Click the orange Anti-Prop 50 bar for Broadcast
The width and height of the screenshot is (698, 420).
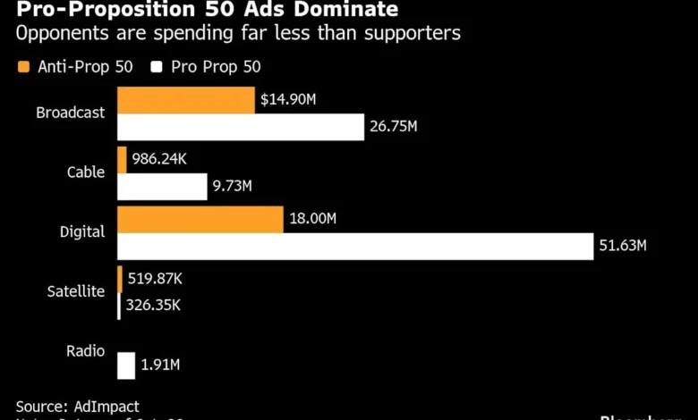[x=185, y=100]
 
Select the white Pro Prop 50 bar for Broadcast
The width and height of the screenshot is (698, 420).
[x=240, y=128]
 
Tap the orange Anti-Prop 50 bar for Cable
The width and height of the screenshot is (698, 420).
[x=122, y=159]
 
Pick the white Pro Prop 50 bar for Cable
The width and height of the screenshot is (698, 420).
[x=162, y=187]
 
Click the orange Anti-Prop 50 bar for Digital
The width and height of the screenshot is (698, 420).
[x=200, y=219]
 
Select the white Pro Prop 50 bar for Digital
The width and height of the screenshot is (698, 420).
[x=355, y=246]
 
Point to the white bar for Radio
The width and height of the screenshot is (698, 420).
[x=126, y=365]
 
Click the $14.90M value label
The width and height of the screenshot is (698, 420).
[x=288, y=100]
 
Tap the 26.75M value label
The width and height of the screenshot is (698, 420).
[x=393, y=127]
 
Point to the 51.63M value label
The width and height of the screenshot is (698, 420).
[x=622, y=246]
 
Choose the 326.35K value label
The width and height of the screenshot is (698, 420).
[x=153, y=305]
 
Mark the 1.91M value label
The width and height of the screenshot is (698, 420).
[x=162, y=365]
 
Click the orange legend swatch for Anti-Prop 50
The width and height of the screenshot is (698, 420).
[x=23, y=66]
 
